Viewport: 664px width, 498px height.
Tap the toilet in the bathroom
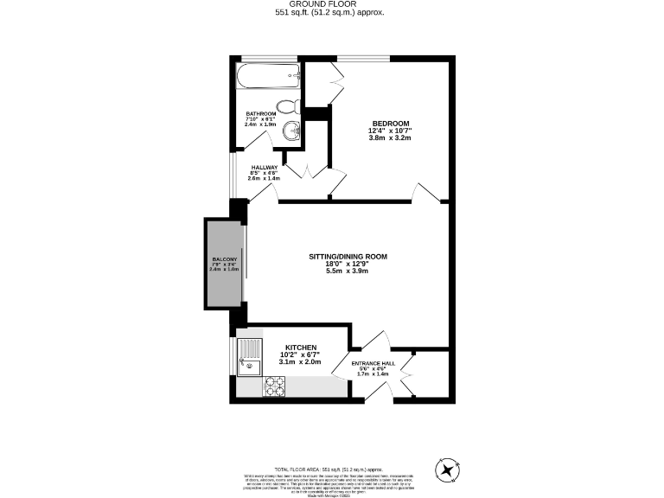pos(293,107)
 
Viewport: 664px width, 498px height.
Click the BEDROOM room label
pos(391,123)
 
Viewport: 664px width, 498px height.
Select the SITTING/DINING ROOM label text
pos(348,257)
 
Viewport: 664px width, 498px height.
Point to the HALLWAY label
pos(265,168)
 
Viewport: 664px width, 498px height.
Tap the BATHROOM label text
pos(260,114)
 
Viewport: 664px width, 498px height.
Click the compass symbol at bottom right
pos(447,470)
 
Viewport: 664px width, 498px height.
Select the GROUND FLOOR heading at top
pos(332,4)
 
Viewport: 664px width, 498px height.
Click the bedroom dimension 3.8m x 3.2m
pos(391,138)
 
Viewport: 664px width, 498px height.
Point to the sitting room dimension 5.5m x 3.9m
pos(348,271)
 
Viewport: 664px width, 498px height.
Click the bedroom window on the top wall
pos(363,59)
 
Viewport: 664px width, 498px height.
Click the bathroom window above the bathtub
pos(268,59)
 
